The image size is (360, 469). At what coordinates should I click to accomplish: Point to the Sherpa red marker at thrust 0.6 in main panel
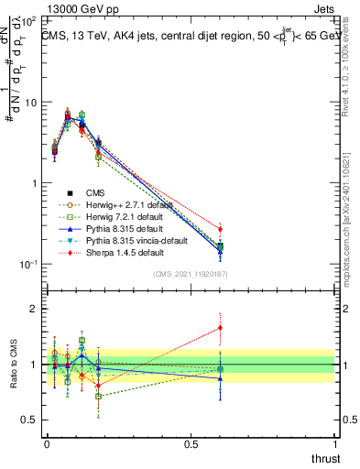pos(220,229)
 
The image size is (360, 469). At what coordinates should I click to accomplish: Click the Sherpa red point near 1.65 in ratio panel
pos(220,327)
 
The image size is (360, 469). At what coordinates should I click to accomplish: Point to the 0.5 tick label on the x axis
pos(191,443)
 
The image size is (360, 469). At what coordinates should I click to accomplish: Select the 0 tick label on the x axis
pos(47,443)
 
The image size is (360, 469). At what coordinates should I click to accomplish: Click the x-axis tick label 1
pos(335,443)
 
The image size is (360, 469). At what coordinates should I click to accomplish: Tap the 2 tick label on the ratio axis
pos(33,309)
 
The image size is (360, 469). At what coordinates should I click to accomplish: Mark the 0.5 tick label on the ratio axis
pos(29,420)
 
